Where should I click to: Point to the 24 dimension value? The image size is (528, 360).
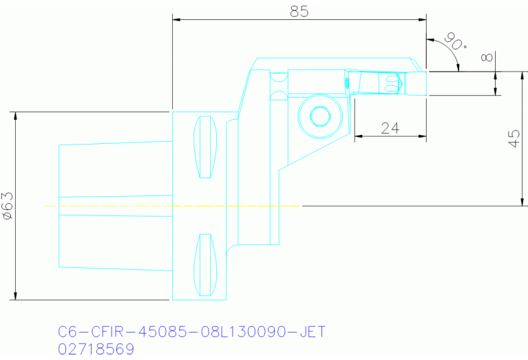pyautogui.click(x=390, y=128)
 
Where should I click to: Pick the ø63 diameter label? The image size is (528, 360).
pyautogui.click(x=9, y=206)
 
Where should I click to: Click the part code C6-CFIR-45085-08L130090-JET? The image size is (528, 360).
pyautogui.click(x=191, y=332)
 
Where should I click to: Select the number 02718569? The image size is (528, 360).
pyautogui.click(x=96, y=349)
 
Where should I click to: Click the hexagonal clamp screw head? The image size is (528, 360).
pyautogui.click(x=320, y=116)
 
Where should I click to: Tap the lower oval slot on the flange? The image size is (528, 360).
pyautogui.click(x=204, y=264)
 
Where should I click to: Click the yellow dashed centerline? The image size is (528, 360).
pyautogui.click(x=172, y=206)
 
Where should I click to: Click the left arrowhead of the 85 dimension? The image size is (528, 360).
pyautogui.click(x=176, y=20)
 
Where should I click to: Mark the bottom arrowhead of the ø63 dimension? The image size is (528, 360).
pyautogui.click(x=15, y=296)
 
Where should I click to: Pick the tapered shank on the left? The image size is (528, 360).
pyautogui.click(x=114, y=206)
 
